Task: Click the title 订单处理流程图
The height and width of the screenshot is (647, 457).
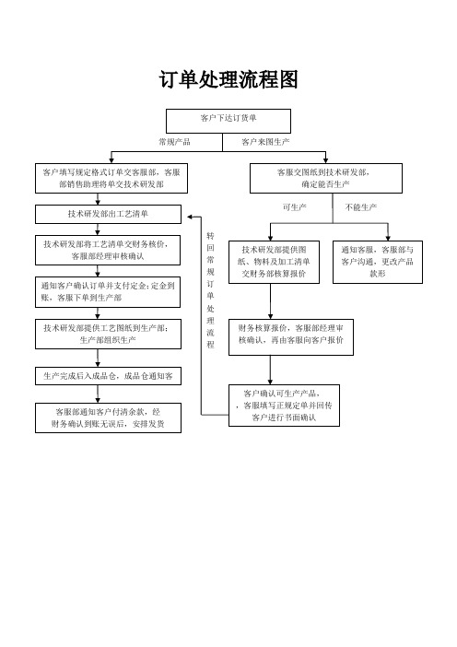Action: pos(228,79)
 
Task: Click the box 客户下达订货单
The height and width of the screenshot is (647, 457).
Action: pos(228,121)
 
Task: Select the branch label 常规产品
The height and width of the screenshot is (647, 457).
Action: pos(174,142)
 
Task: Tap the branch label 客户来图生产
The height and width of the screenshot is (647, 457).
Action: pos(265,142)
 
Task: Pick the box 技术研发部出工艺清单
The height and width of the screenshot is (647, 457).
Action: pos(108,214)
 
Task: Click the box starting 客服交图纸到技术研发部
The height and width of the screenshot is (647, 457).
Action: pos(326,178)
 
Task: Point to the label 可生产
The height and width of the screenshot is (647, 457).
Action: pos(295,207)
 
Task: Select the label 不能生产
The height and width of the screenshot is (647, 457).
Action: pos(361,207)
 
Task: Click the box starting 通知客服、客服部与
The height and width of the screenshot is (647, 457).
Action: pos(378,262)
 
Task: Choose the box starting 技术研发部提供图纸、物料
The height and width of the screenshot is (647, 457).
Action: pos(274,262)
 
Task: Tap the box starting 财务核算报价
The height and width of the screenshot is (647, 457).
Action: pos(291,337)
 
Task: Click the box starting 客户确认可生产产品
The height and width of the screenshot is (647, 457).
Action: pos(284,406)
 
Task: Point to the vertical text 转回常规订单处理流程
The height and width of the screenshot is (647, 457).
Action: pos(210,290)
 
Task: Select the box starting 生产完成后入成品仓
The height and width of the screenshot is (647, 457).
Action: pos(108,376)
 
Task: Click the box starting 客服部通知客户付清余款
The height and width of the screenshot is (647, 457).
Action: pos(108,418)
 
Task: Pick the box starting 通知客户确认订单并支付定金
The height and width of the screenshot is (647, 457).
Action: pos(108,292)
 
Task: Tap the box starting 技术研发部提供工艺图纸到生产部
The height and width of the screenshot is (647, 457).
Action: pos(108,334)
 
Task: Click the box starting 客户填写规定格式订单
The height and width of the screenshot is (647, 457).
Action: pos(111,178)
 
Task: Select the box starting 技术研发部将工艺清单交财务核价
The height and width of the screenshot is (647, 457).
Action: pos(108,250)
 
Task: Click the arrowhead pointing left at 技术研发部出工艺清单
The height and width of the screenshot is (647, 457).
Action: pos(190,217)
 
